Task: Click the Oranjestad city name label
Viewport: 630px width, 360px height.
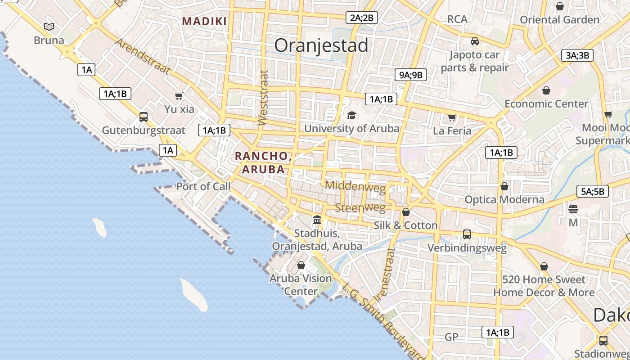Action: click(x=321, y=45)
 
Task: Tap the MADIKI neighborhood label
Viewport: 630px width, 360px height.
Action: click(x=204, y=21)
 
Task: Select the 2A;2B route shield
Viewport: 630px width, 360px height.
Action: click(x=362, y=18)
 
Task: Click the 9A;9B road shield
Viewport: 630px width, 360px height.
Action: click(x=410, y=75)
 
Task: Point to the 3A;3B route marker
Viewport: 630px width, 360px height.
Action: click(x=577, y=55)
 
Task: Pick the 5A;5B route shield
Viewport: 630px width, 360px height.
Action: click(x=593, y=191)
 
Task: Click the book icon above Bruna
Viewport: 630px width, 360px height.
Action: click(x=49, y=27)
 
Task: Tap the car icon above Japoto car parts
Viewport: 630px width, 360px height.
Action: click(x=474, y=41)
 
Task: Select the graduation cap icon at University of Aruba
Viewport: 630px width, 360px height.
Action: click(x=351, y=115)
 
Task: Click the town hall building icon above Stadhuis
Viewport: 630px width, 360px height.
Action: click(x=317, y=220)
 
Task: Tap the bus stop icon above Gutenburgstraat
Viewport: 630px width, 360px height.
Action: click(x=144, y=117)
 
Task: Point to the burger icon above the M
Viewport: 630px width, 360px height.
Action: click(x=573, y=209)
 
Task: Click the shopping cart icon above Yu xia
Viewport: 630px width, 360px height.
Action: click(x=179, y=96)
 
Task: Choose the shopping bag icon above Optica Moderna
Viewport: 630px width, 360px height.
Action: click(x=504, y=186)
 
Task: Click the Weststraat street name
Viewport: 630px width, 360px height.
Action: click(x=263, y=97)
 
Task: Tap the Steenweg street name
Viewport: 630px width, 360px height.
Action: click(x=360, y=208)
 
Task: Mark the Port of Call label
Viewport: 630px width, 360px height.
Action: click(x=203, y=186)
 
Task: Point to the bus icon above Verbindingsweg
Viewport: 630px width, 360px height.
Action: click(x=467, y=234)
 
